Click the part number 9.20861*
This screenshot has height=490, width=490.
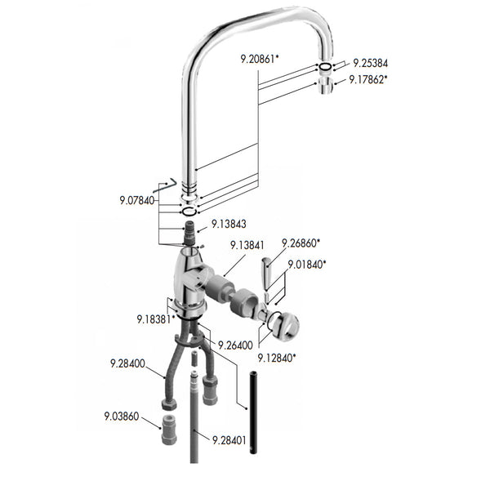260,59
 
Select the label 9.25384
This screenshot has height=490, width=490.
372,62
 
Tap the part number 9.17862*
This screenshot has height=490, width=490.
368,79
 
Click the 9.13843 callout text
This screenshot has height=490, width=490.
229,223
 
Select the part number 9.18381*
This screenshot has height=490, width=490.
154,319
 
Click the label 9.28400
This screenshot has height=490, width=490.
127,363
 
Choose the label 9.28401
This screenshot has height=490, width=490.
230,440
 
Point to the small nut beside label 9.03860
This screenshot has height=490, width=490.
168,429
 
